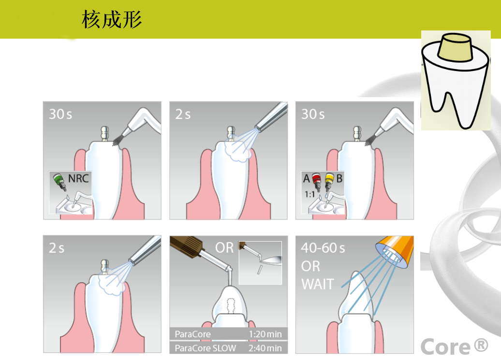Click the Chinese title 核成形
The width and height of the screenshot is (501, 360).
112,19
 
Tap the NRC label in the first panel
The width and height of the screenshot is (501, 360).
78,178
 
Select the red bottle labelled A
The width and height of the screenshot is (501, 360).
316,182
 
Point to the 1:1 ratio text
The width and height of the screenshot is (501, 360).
309,194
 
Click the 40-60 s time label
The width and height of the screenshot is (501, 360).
323,248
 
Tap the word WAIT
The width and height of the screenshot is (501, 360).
318,284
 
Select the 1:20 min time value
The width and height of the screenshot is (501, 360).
265,334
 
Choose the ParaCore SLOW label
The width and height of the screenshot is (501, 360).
205,348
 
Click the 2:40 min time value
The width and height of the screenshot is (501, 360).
265,348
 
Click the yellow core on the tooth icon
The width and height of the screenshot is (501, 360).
456,48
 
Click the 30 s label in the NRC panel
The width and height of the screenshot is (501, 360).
60,114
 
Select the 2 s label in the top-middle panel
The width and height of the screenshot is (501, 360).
183,114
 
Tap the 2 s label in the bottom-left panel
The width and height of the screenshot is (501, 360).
57,248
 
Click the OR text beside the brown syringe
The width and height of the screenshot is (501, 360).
224,248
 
